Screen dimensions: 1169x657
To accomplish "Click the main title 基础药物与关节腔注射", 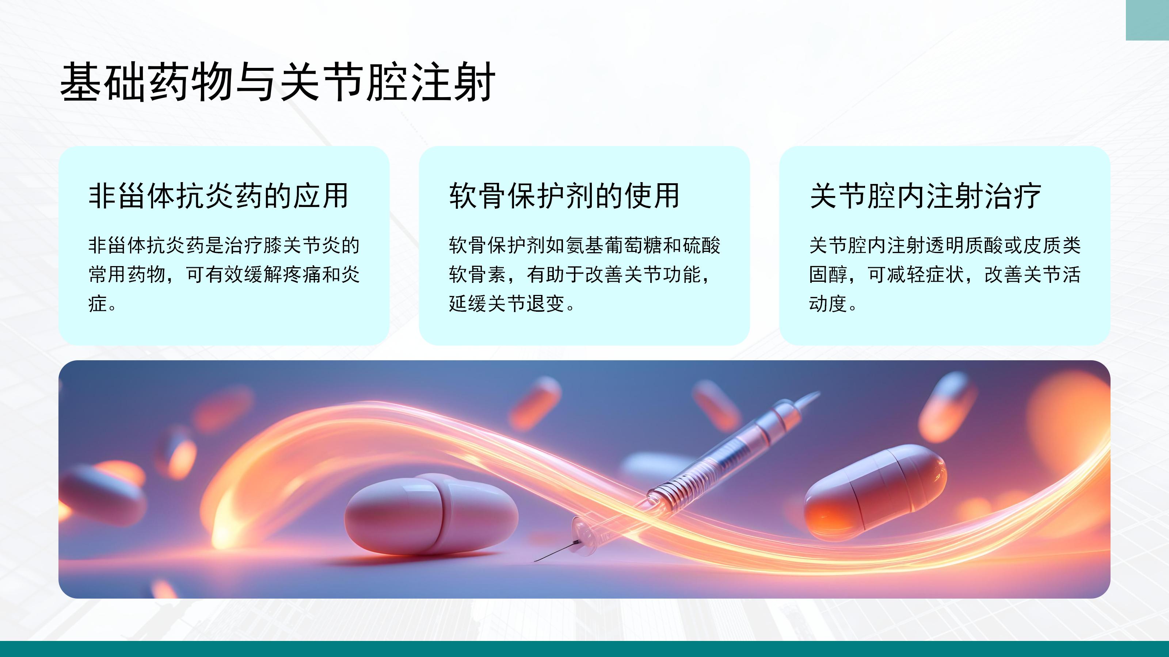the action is click(278, 82).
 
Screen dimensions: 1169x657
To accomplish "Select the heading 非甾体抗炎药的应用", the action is click(218, 196).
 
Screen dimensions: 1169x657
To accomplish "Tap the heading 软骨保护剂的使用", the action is click(564, 196).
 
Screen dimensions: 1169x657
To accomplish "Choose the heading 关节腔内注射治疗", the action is click(925, 196).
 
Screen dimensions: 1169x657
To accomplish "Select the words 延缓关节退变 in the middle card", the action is click(507, 303).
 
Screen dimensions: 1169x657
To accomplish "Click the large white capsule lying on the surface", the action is click(431, 515).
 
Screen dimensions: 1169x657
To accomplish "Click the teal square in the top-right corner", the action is click(1147, 20).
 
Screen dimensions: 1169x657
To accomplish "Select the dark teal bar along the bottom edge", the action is click(584, 649).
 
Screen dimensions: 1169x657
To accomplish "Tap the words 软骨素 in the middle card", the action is click(477, 274).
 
